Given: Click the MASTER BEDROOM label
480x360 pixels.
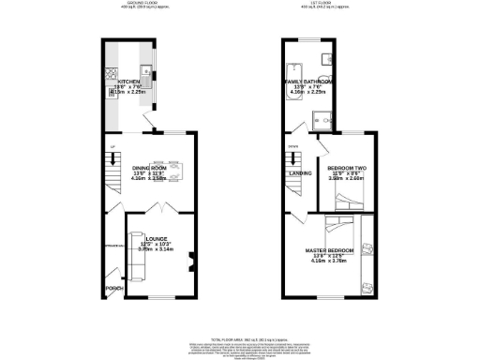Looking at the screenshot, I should tap(329, 250).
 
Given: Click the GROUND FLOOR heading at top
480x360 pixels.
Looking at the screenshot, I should tap(142, 4).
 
